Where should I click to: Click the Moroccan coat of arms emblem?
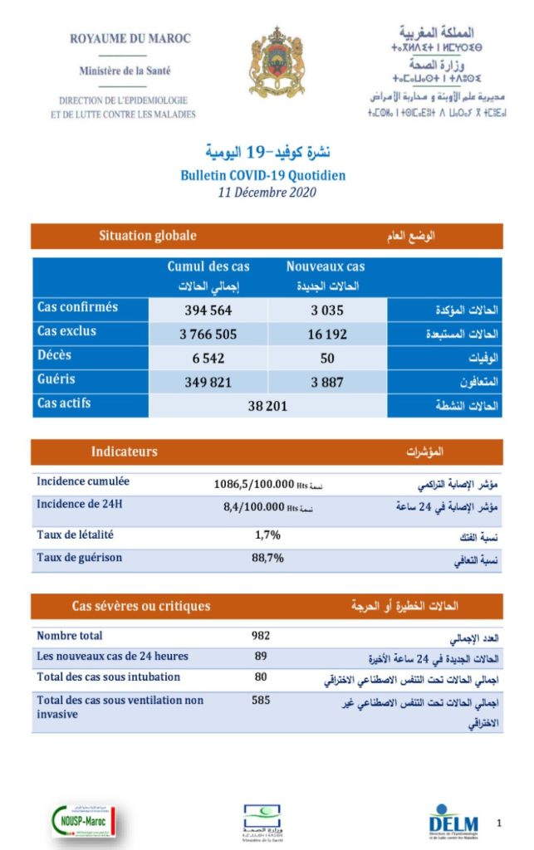pos(277,61)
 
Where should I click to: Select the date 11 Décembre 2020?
pos(262,193)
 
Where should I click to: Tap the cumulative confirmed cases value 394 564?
pos(208,310)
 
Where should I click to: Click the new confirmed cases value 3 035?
pos(326,310)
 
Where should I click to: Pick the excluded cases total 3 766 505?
pos(208,335)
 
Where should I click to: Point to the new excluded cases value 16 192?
pos(326,335)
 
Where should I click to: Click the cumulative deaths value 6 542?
pos(208,359)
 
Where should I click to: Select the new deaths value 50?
pos(326,359)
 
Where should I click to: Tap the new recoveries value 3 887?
pos(326,383)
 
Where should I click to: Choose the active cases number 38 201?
pos(267,407)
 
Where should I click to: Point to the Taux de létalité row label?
pos(76,535)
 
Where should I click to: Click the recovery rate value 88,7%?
pos(267,558)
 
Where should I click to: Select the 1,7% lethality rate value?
pos(267,535)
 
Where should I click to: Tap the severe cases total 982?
pos(262,636)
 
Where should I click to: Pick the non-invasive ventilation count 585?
pos(262,701)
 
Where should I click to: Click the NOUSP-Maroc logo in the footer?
pos(83,821)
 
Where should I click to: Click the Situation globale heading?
pos(148,236)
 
